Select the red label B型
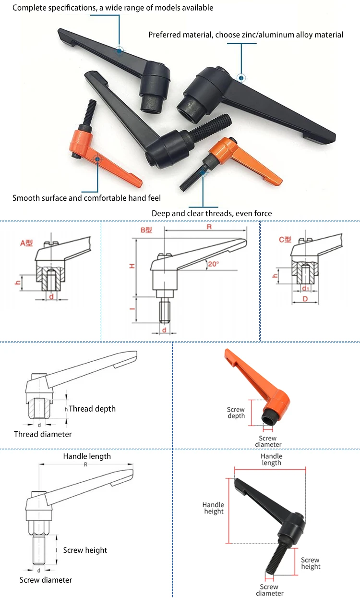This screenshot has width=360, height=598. pyautogui.click(x=146, y=230)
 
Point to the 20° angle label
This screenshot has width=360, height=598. pyautogui.click(x=214, y=264)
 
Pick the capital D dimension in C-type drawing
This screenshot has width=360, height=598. pyautogui.click(x=305, y=299)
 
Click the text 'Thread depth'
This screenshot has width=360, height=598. pyautogui.click(x=92, y=409)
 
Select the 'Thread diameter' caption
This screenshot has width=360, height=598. pyautogui.click(x=43, y=434)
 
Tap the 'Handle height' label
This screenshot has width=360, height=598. pyautogui.click(x=214, y=508)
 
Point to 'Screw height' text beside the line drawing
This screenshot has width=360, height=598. pyautogui.click(x=85, y=550)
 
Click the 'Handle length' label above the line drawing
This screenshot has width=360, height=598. pyautogui.click(x=87, y=456)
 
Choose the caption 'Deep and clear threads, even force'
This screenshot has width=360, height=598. pyautogui.click(x=212, y=213)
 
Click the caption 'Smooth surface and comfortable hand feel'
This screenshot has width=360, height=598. pyautogui.click(x=87, y=198)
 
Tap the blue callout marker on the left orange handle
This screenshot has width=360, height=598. pyautogui.click(x=97, y=159)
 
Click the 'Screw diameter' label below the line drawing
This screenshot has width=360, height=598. pyautogui.click(x=46, y=580)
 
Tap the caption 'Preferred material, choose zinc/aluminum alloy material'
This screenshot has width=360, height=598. pyautogui.click(x=246, y=35)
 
